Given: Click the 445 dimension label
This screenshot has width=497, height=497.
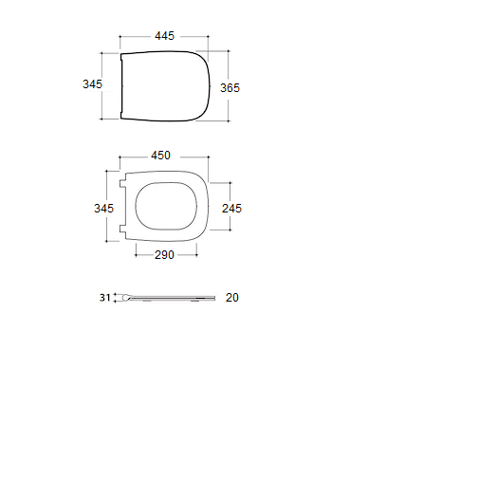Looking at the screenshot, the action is click(x=164, y=36).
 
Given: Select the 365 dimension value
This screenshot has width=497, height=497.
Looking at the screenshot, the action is click(x=230, y=88).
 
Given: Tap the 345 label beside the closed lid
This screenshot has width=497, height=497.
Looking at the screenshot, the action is click(x=92, y=84).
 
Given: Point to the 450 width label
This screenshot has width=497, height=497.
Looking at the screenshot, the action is click(x=160, y=156).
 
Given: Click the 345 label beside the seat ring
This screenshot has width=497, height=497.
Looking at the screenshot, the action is click(x=103, y=209).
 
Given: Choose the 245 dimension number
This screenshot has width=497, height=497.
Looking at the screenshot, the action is click(x=231, y=209).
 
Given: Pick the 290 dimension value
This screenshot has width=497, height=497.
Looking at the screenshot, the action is click(x=164, y=255).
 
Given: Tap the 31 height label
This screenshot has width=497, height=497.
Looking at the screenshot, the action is click(x=105, y=298).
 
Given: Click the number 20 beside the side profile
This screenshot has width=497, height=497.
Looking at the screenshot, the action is click(x=232, y=298).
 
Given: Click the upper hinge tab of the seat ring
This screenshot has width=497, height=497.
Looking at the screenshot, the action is click(x=122, y=183).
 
